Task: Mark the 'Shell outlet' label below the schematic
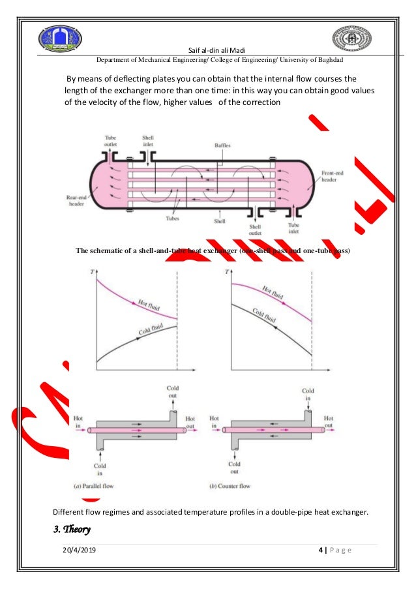point(254,230)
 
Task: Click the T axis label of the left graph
point(91,271)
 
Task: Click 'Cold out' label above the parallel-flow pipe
point(172,392)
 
